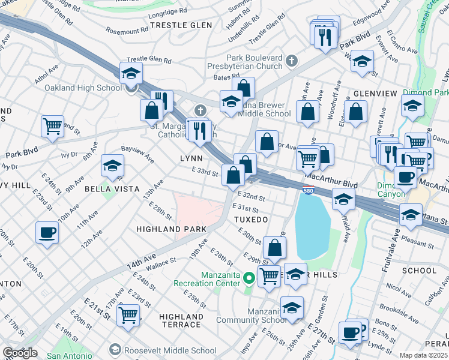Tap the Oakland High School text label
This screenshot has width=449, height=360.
tap(83, 88)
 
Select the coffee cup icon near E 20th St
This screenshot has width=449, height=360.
tap(47, 233)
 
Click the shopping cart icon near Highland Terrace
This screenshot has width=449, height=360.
tap(128, 314)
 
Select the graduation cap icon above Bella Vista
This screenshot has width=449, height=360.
tap(112, 167)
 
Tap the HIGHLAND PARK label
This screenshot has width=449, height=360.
tap(171, 229)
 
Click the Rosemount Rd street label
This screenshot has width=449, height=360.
tap(127, 30)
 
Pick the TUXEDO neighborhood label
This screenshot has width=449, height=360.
tap(251, 220)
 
